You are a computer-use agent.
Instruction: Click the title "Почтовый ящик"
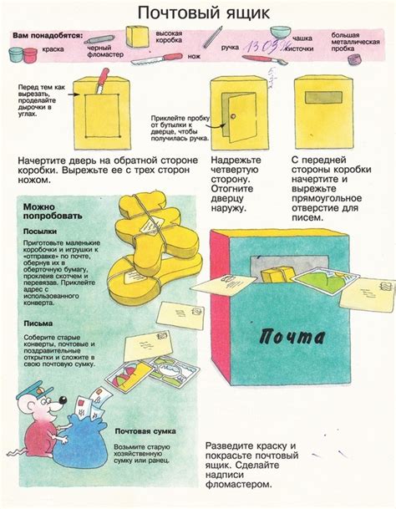tap(197, 12)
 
